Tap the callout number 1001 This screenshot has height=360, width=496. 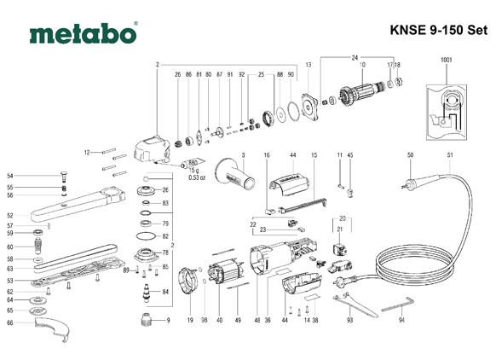pos(447,60)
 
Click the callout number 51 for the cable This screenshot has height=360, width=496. pos(449,154)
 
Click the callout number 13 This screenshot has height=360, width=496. pos(309,65)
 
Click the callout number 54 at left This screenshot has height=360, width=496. pos(9,176)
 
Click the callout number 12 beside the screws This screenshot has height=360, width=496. pos(87,152)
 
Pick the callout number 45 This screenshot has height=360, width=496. pos(349,154)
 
